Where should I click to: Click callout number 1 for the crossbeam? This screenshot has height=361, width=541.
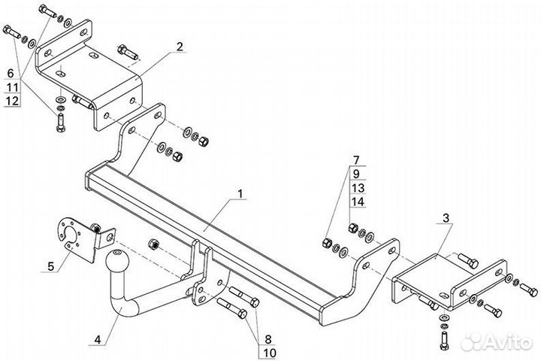(240, 194)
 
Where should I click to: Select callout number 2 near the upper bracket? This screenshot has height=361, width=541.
(180, 47)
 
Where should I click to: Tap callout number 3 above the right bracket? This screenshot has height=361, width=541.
(446, 218)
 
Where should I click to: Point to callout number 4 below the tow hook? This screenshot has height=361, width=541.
(98, 340)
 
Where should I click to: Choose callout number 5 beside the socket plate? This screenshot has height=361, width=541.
(51, 266)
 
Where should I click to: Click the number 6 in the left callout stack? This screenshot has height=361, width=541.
(11, 73)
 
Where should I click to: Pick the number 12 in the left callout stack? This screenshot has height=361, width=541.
(12, 101)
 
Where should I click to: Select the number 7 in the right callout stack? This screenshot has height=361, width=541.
(356, 160)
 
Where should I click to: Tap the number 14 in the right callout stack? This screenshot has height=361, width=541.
(358, 202)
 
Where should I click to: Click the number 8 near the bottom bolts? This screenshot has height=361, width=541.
(268, 339)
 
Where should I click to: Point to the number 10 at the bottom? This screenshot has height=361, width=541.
(269, 353)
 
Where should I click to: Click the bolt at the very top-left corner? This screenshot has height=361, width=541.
(48, 11)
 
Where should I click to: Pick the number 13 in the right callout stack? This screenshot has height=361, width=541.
(358, 188)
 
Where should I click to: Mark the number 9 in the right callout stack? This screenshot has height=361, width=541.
(356, 174)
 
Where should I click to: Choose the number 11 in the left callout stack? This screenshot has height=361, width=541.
(12, 87)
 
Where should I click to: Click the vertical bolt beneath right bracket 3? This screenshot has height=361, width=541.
(444, 340)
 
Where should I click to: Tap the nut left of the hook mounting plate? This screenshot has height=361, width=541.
(153, 244)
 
